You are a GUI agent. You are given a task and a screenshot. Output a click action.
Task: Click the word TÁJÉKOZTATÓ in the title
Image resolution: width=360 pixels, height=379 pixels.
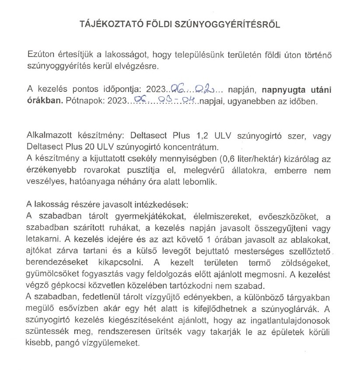97,25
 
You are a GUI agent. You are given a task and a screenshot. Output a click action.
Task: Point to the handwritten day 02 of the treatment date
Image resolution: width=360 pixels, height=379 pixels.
204,89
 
